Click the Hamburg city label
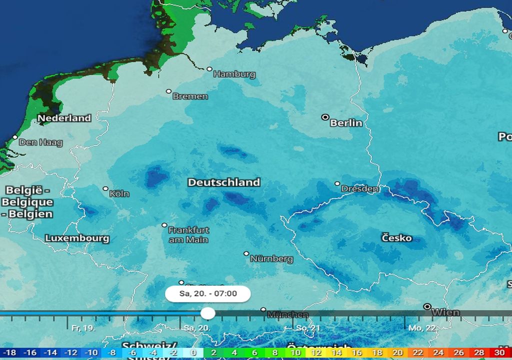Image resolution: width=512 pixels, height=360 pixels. click(x=234, y=74)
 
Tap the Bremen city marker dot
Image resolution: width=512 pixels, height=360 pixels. click(x=169, y=91)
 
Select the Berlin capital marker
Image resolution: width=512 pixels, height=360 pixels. click(x=325, y=117)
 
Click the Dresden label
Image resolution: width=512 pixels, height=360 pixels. click(x=360, y=189)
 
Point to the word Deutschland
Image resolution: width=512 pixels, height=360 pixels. click(x=223, y=182)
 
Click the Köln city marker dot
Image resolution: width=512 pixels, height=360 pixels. click(x=105, y=188)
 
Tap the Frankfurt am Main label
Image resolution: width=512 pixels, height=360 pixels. click(x=188, y=235)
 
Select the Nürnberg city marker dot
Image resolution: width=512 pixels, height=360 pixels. click(x=246, y=253)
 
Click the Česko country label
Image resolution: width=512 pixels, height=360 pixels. click(x=396, y=237)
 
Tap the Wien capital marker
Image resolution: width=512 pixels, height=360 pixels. click(x=427, y=306)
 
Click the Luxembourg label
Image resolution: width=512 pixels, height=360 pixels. click(x=77, y=238)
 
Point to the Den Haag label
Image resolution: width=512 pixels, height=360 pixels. click(x=41, y=142)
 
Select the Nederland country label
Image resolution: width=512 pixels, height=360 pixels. click(x=64, y=118)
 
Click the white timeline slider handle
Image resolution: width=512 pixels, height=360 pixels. click(x=207, y=313)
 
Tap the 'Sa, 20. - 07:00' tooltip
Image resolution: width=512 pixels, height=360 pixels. click(x=207, y=293)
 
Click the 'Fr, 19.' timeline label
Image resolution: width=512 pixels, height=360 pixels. click(x=83, y=328)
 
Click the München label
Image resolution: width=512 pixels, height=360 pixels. click(x=287, y=314)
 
